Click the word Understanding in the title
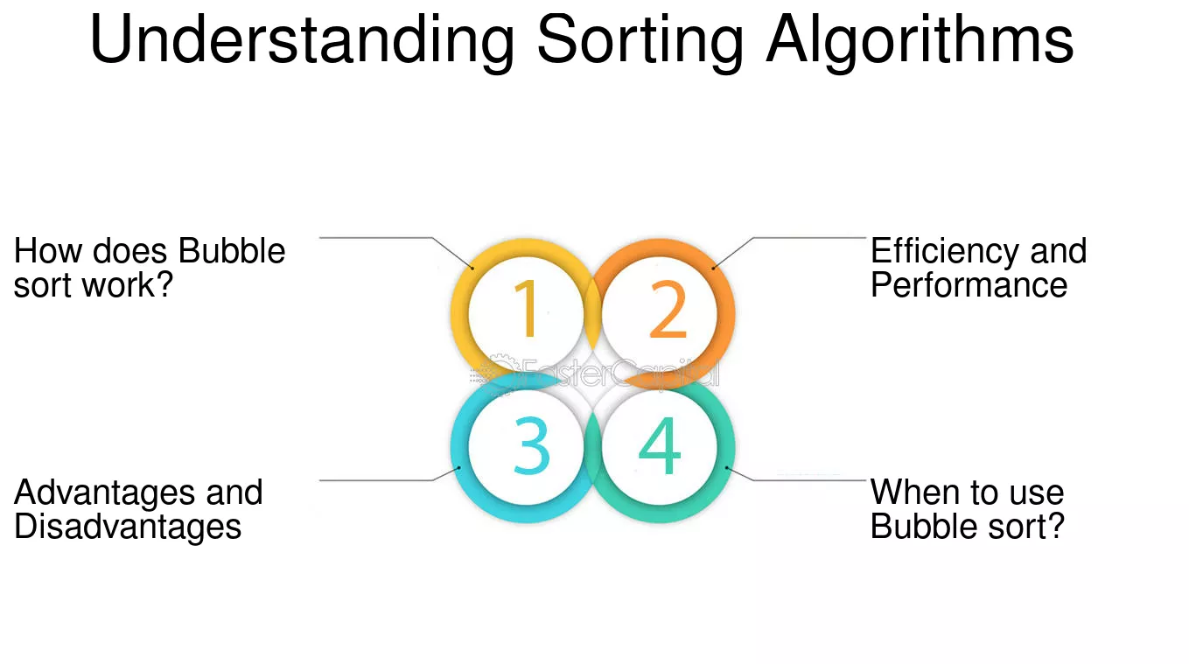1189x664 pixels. click(302, 41)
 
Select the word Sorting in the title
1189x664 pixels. click(640, 41)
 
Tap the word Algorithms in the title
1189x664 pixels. click(920, 41)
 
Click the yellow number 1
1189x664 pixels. click(526, 309)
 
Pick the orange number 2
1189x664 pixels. click(668, 309)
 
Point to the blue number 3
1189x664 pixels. click(532, 445)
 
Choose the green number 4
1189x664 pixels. click(660, 445)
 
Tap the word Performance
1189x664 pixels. click(969, 285)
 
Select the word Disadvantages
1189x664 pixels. click(128, 527)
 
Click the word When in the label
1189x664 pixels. click(908, 493)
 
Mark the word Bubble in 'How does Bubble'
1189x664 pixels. click(232, 251)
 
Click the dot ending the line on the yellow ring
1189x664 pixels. click(472, 268)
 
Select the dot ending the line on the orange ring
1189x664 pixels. click(713, 268)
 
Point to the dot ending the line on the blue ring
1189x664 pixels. click(459, 468)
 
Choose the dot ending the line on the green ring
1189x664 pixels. click(727, 468)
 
